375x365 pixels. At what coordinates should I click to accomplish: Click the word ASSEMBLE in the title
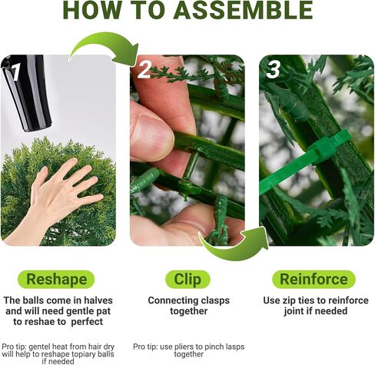244,10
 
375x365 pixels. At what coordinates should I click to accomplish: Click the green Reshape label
56,279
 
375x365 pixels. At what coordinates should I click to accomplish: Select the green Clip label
187,279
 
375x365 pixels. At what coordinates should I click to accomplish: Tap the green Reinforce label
314,279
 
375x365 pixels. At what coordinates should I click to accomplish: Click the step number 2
144,69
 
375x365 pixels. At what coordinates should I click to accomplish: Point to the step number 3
273,69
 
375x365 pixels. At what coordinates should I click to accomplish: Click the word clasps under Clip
215,301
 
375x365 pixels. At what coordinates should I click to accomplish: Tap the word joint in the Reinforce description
292,311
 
